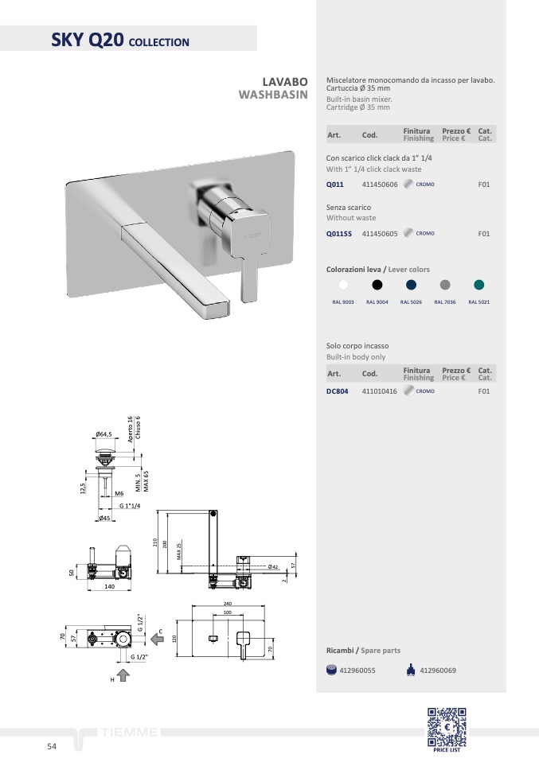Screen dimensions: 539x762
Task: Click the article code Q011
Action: click(x=334, y=185)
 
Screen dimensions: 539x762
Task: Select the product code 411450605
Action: click(x=380, y=234)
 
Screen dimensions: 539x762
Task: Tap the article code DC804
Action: click(x=337, y=391)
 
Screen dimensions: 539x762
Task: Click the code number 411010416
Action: click(x=380, y=391)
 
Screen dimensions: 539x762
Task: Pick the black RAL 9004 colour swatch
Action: click(x=377, y=285)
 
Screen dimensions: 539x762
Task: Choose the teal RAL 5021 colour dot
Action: click(x=479, y=285)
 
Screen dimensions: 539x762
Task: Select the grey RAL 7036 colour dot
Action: click(x=445, y=285)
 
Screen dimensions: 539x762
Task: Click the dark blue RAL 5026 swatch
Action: click(x=411, y=285)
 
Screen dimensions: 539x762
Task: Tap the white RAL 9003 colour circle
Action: click(x=343, y=285)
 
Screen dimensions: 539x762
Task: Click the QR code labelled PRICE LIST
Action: click(x=447, y=727)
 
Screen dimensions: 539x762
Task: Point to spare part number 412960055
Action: click(x=357, y=671)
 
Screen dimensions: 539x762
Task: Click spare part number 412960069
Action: click(x=438, y=671)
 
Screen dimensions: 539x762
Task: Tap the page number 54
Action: click(x=52, y=746)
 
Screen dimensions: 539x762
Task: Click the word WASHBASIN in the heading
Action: click(x=273, y=95)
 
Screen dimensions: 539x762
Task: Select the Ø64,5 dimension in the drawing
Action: click(x=104, y=434)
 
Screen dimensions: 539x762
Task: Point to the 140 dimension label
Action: click(x=109, y=586)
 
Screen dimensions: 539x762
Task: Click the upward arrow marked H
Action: click(x=123, y=675)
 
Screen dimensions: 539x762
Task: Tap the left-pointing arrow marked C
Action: click(x=157, y=639)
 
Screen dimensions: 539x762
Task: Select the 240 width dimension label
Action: click(x=228, y=604)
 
